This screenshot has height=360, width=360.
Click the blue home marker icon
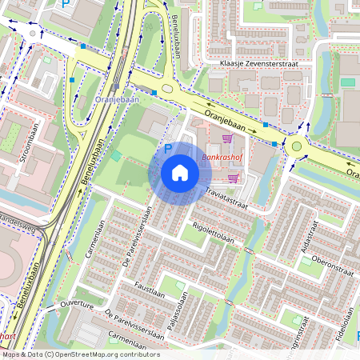coord(180,173)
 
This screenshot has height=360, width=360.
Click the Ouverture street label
coord(77,306)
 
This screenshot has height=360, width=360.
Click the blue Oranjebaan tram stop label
coord(117,99)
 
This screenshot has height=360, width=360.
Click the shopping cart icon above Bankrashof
coord(226,138)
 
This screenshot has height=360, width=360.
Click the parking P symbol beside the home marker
coord(168,148)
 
